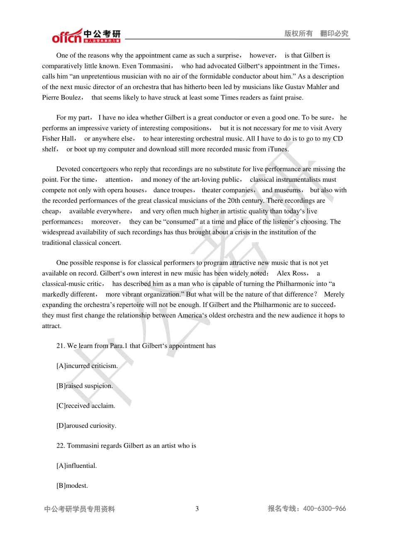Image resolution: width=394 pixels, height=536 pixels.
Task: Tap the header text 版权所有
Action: point(299,34)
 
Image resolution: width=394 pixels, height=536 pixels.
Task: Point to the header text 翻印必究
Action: point(334,34)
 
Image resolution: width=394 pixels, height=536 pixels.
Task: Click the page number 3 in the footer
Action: point(197,509)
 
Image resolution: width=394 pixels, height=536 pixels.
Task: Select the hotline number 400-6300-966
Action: point(324,509)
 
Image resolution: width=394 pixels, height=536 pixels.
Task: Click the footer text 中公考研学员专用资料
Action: point(80,509)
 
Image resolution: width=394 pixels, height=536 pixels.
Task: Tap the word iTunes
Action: point(277,149)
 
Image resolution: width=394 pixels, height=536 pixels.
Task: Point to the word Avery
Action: point(333,128)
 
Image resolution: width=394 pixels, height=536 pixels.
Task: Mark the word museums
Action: point(287,190)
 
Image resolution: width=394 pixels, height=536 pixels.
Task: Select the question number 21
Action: point(61,346)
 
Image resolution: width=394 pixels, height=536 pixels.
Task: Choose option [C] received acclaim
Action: point(86,406)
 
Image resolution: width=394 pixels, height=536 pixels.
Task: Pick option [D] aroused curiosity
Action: point(86,426)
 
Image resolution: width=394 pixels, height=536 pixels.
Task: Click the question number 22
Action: point(61,446)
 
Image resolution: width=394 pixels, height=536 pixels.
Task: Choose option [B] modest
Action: point(72,486)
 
